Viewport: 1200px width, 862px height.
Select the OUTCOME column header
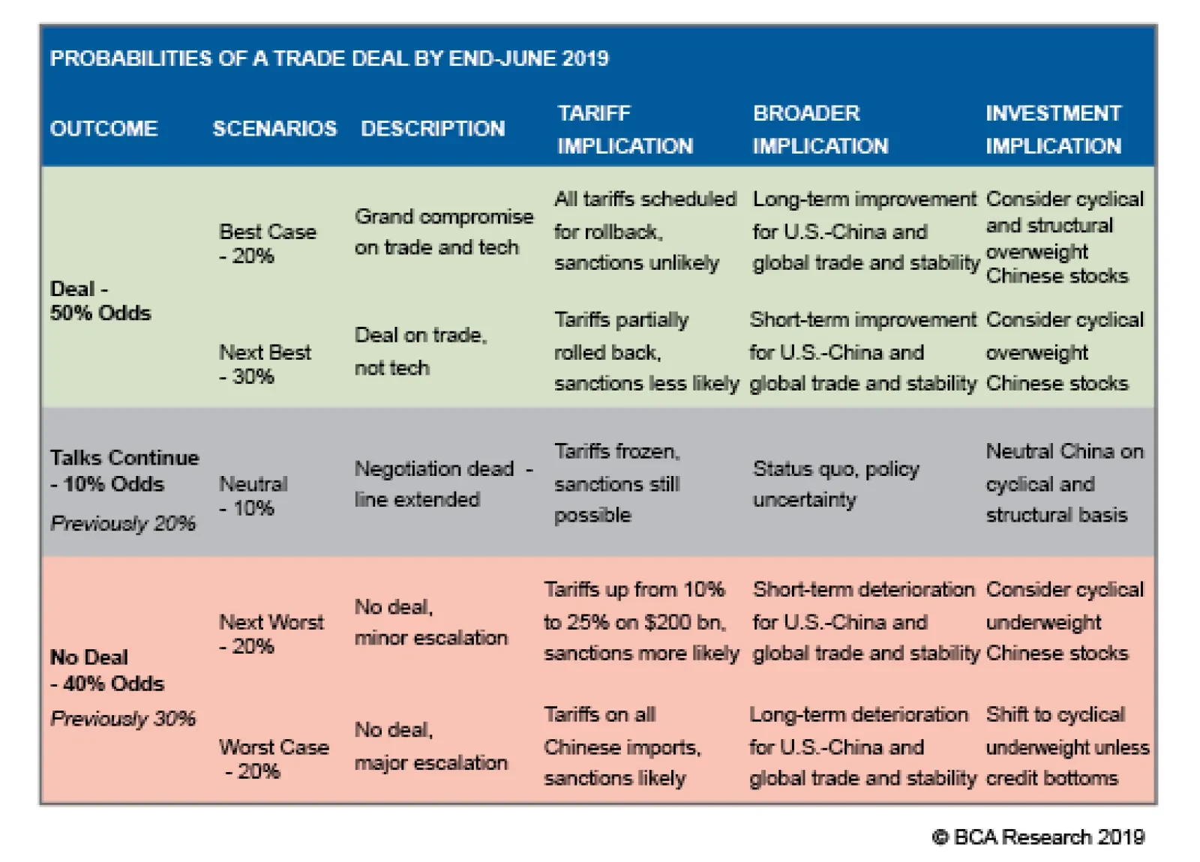pyautogui.click(x=103, y=129)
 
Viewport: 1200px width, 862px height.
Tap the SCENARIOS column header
pyautogui.click(x=274, y=129)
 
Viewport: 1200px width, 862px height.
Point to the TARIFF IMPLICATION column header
pyautogui.click(x=625, y=130)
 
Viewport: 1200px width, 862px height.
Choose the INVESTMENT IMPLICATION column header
pyautogui.click(x=1053, y=130)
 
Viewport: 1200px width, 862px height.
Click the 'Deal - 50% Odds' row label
pyautogui.click(x=100, y=301)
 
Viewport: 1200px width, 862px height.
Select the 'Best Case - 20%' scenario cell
pyautogui.click(x=267, y=244)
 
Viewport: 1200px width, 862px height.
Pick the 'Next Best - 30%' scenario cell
pyautogui.click(x=265, y=364)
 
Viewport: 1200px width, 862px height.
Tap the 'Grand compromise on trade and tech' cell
pyautogui.click(x=443, y=232)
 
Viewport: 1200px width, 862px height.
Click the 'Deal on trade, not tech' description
pyautogui.click(x=420, y=351)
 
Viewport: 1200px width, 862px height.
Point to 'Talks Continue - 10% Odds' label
pyautogui.click(x=124, y=471)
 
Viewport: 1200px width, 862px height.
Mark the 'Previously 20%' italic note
pyautogui.click(x=122, y=523)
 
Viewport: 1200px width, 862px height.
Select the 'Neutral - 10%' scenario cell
pyautogui.click(x=253, y=495)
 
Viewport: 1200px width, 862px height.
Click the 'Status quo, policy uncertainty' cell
pyautogui.click(x=835, y=484)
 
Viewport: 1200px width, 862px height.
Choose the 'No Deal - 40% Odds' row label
pyautogui.click(x=106, y=670)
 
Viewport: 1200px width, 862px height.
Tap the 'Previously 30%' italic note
pyautogui.click(x=122, y=719)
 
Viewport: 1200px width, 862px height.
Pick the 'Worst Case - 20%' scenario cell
pyautogui.click(x=274, y=759)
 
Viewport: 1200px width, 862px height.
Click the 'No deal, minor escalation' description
pyautogui.click(x=430, y=622)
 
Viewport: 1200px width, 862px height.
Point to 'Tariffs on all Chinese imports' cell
pyautogui.click(x=622, y=747)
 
